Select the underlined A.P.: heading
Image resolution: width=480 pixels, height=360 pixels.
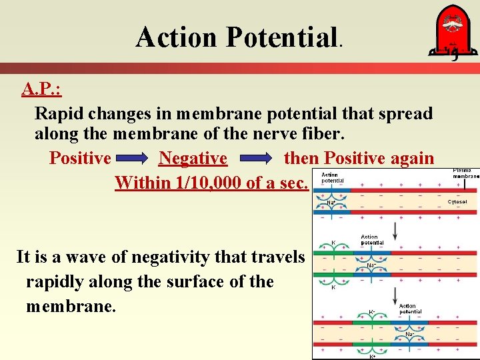(43, 89)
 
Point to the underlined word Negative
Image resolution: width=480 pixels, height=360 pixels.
(193, 159)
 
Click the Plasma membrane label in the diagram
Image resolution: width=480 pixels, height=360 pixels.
(465, 174)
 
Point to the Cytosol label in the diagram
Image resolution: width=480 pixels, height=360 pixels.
(457, 201)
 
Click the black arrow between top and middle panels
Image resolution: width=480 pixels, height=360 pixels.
(395, 231)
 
